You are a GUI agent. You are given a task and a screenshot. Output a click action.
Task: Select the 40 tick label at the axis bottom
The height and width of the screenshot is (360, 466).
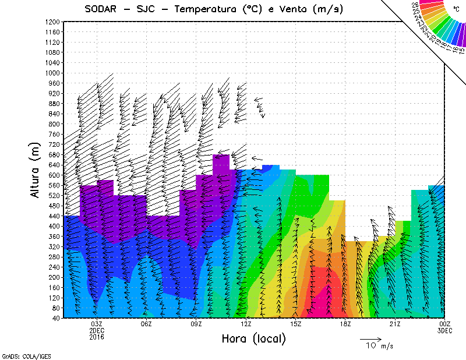point(55,318)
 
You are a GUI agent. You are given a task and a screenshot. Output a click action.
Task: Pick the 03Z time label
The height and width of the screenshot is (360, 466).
point(97,324)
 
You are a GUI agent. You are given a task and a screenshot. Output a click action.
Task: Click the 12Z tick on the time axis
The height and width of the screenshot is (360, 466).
point(246,324)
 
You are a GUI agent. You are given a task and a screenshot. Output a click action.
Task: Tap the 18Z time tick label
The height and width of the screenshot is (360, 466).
point(345,324)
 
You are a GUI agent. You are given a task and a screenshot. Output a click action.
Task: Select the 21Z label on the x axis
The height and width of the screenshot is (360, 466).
point(395,324)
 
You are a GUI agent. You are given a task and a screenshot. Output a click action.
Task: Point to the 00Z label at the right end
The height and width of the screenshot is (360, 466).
point(445,324)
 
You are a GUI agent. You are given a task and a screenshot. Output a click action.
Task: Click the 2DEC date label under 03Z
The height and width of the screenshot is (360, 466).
point(97,330)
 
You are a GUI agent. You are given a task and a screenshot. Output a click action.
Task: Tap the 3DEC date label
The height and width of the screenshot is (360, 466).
point(445,330)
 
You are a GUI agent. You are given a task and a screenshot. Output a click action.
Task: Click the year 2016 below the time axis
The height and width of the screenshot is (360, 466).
point(97,337)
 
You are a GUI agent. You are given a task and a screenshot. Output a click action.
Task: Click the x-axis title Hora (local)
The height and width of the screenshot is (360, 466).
point(254,339)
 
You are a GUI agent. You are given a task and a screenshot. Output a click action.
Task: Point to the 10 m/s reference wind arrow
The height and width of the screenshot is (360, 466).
point(370,338)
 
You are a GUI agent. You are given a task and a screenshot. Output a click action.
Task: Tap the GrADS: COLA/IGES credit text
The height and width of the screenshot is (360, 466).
point(19,355)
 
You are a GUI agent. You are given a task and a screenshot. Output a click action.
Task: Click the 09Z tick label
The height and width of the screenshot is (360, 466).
point(196,324)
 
